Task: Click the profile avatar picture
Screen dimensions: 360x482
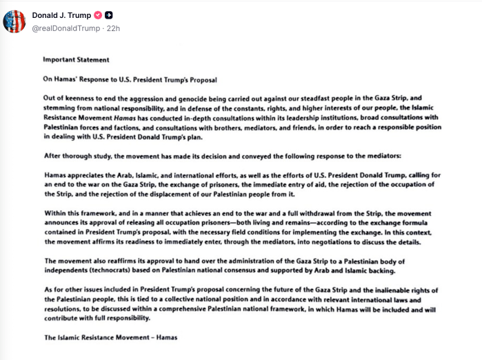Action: click(x=14, y=21)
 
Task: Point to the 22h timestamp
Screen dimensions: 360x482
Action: click(x=112, y=28)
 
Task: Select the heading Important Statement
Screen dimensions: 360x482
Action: click(x=76, y=60)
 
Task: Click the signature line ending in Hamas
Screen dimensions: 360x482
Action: click(x=110, y=337)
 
